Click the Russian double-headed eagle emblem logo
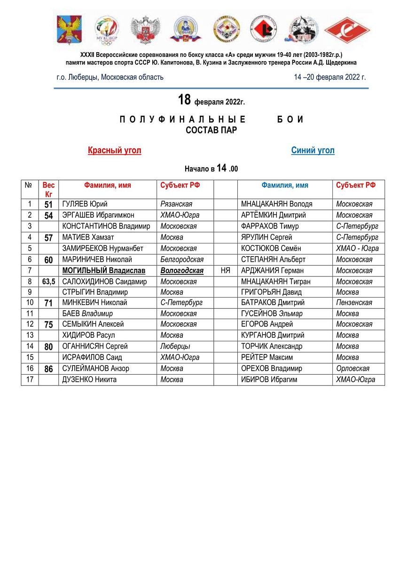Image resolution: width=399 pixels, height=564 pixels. pos(145,30)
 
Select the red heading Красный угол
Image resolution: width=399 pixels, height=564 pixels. pos(114,150)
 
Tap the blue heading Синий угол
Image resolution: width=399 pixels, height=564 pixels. pos(313,150)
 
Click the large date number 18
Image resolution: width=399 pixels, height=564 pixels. pos(184,100)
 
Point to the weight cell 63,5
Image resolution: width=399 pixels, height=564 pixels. pos(48,282)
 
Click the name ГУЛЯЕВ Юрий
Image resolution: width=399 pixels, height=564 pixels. pos(85,204)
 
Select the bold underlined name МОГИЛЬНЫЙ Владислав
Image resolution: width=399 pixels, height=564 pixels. pos(104,271)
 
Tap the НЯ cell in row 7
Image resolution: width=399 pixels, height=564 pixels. pos(225,271)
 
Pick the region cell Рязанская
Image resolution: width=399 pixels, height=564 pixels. pos(176,204)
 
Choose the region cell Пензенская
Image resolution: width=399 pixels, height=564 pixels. pos(354,303)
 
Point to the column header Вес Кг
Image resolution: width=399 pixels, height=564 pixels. pos(48,189)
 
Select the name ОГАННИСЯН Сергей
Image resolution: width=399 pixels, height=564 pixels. pos(95,346)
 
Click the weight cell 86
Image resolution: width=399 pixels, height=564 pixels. pos(48,369)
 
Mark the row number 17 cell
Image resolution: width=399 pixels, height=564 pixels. pos(30,379)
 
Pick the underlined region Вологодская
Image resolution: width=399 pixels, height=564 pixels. pos(182,271)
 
